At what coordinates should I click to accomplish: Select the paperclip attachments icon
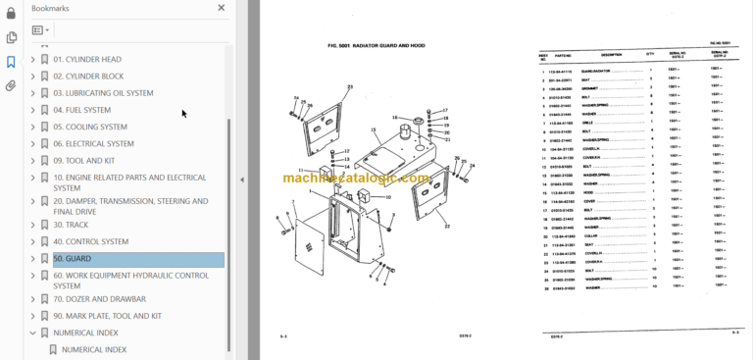[11, 85]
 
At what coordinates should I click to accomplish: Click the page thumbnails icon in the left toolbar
[11, 37]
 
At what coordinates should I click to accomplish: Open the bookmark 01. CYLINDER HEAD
[87, 59]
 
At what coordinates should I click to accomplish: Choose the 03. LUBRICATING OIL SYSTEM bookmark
[103, 93]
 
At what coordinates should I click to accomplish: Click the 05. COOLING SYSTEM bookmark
[90, 127]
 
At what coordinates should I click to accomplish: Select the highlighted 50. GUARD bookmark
[72, 260]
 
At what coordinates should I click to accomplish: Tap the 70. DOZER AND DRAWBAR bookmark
[99, 298]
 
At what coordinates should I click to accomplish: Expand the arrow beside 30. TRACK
[32, 225]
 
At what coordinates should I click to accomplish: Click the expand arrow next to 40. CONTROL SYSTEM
[32, 241]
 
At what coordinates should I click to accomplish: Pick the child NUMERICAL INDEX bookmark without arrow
[94, 349]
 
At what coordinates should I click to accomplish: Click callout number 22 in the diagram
[447, 227]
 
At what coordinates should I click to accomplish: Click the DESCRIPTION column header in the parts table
[610, 55]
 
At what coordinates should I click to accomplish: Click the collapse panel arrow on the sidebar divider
[241, 180]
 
